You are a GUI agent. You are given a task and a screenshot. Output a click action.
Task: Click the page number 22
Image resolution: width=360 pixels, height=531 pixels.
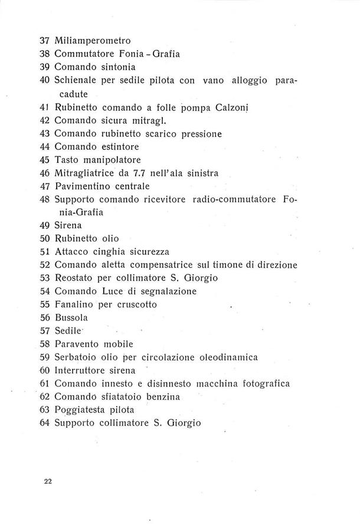click(48, 481)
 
